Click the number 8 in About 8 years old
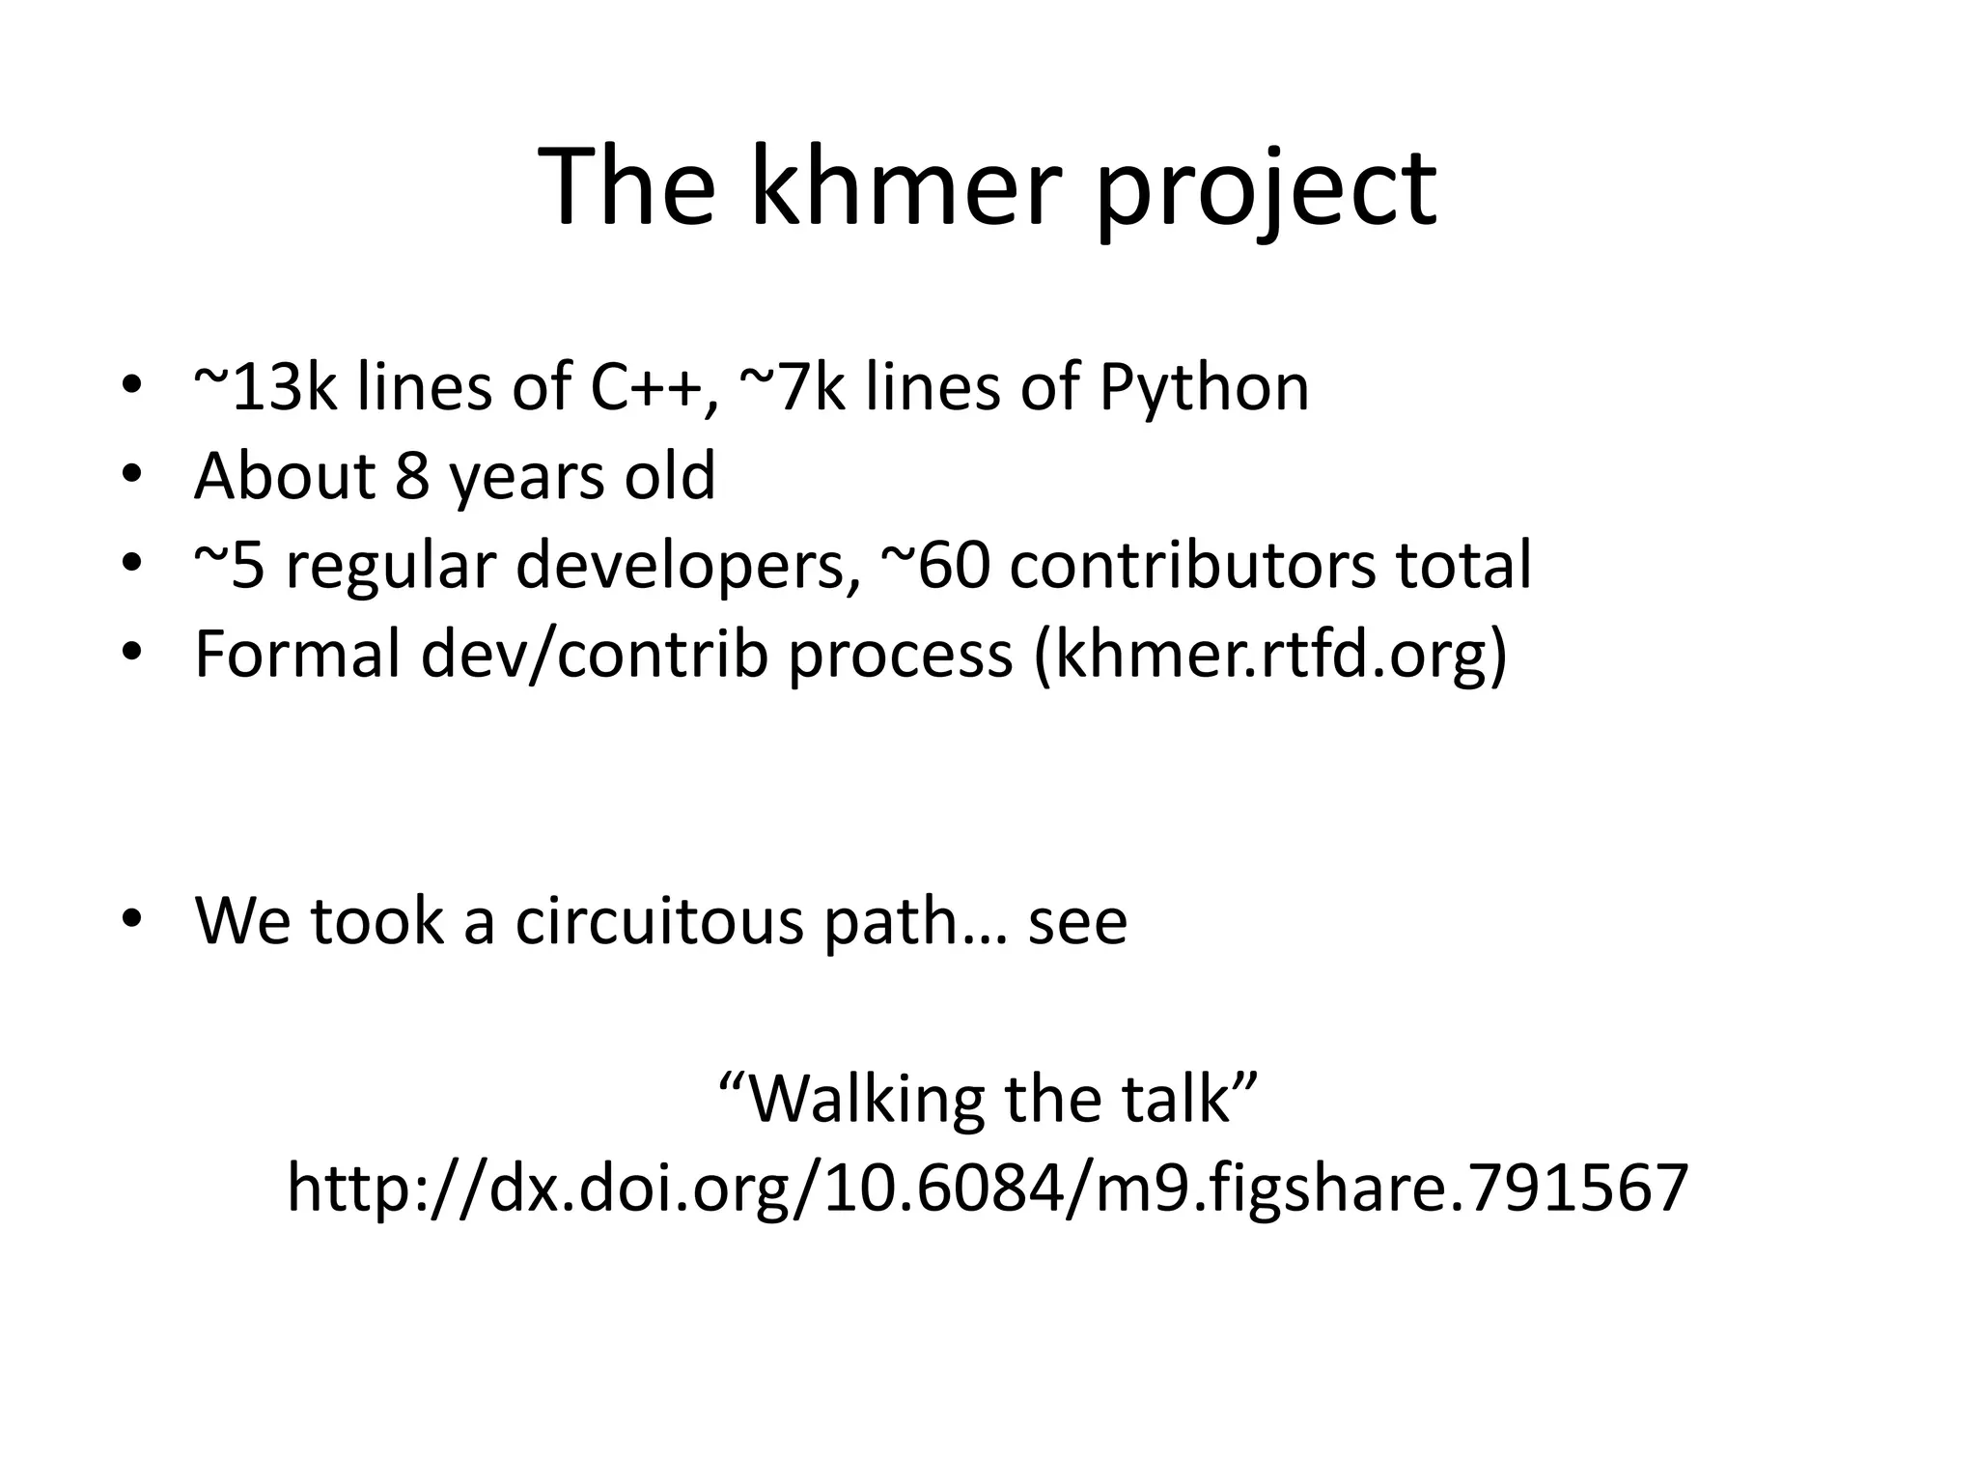click(x=412, y=475)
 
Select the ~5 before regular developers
click(x=230, y=565)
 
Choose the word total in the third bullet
click(x=1462, y=565)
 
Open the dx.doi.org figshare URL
click(x=988, y=1189)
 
